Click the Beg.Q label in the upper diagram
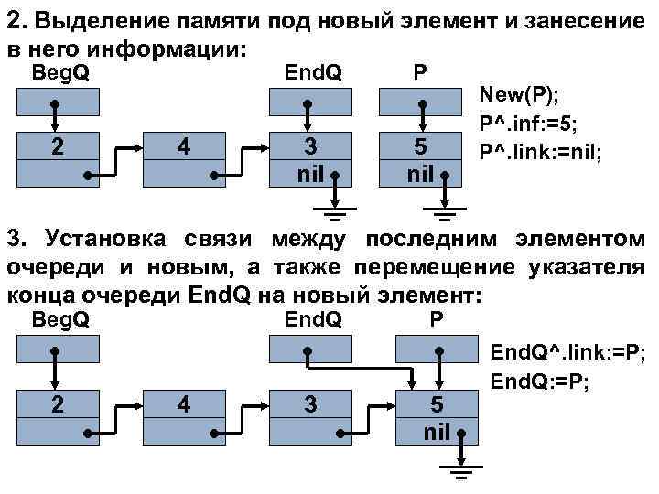61,72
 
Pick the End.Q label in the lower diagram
313,319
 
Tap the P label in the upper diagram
418,72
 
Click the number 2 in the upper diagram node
58,146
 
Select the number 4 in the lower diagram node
184,403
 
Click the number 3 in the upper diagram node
311,146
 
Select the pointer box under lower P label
436,351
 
